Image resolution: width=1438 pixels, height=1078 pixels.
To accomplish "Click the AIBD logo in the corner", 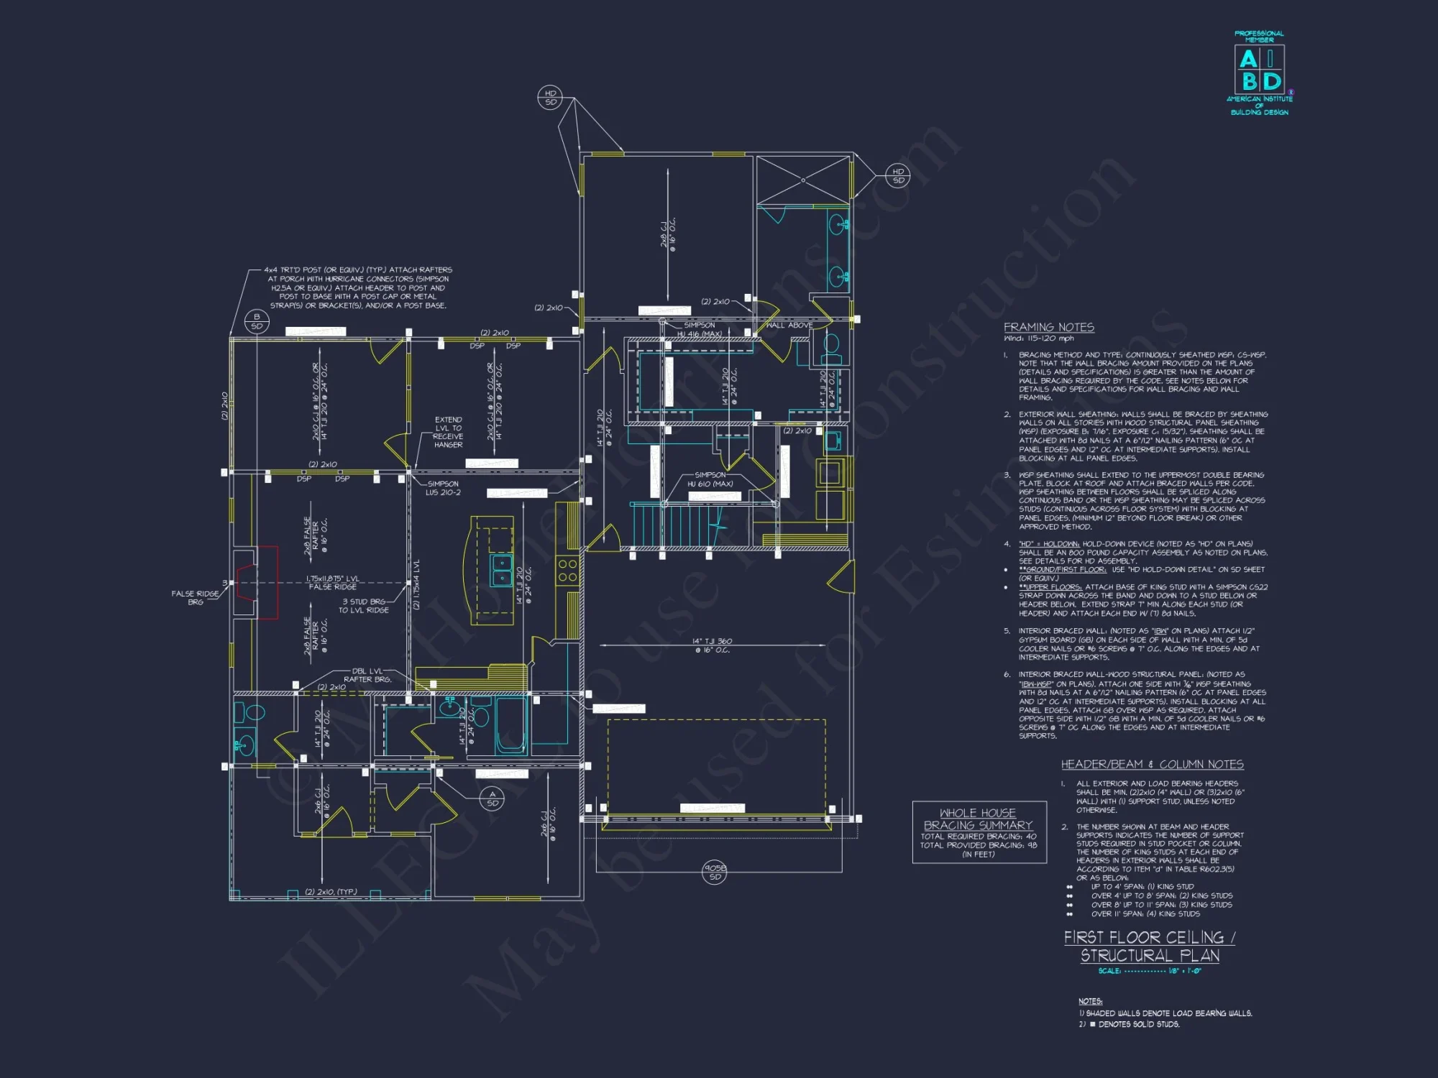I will pyautogui.click(x=1259, y=72).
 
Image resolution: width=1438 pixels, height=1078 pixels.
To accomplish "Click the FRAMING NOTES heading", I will pyautogui.click(x=1048, y=327).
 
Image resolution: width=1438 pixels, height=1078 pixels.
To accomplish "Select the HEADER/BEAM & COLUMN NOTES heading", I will pyautogui.click(x=1152, y=765).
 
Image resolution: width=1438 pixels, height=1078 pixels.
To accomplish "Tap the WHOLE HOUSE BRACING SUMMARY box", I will pyautogui.click(x=979, y=832).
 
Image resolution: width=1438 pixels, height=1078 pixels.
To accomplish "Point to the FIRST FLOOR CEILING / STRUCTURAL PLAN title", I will pyautogui.click(x=1149, y=946).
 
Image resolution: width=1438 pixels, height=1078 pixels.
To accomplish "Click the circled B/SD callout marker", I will pyautogui.click(x=257, y=321).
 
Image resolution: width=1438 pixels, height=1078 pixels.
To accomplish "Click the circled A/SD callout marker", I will pyautogui.click(x=493, y=798).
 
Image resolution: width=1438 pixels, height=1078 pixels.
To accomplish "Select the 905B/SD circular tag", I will pyautogui.click(x=715, y=872).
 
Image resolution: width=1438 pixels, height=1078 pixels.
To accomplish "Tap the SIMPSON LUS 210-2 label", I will pyautogui.click(x=443, y=488).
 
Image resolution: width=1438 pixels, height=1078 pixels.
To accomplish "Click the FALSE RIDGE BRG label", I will pyautogui.click(x=195, y=597).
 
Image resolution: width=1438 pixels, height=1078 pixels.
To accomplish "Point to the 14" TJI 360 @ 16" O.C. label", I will pyautogui.click(x=712, y=645).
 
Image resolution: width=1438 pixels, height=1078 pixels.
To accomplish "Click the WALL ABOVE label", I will pyautogui.click(x=789, y=326).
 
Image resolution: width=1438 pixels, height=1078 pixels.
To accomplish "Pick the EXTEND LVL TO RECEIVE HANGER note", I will pyautogui.click(x=448, y=432).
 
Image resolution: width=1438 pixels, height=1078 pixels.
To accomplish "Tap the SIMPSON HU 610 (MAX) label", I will pyautogui.click(x=710, y=479).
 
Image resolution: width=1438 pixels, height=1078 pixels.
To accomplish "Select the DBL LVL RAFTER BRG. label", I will pyautogui.click(x=367, y=675).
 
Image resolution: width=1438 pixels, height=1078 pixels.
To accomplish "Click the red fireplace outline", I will pyautogui.click(x=267, y=582).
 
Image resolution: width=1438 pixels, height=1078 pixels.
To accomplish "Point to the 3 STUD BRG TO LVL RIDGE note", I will pyautogui.click(x=364, y=606).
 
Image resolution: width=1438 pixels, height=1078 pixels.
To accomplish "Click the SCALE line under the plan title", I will pyautogui.click(x=1149, y=971).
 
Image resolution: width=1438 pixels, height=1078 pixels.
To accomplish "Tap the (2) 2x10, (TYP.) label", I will pyautogui.click(x=331, y=892).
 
